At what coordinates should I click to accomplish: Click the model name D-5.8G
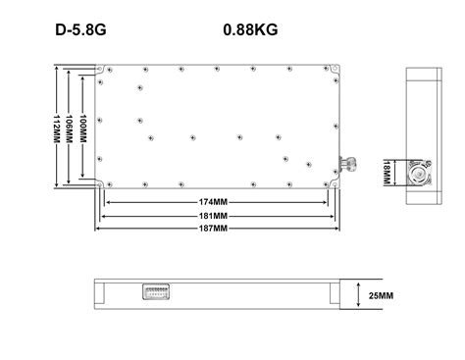pyautogui.click(x=80, y=30)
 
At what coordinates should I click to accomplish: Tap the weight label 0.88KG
pyautogui.click(x=250, y=30)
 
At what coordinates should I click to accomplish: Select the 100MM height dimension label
pyautogui.click(x=84, y=128)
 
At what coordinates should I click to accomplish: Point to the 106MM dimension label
pyautogui.click(x=70, y=128)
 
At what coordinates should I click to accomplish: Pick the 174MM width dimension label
pyautogui.click(x=214, y=203)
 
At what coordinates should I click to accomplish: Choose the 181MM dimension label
pyautogui.click(x=214, y=215)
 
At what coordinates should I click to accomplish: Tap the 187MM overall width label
pyautogui.click(x=214, y=228)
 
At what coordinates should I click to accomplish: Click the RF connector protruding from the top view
pyautogui.click(x=348, y=161)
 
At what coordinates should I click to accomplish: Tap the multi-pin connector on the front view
pyautogui.click(x=154, y=293)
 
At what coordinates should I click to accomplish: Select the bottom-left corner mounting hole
pyautogui.click(x=101, y=184)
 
